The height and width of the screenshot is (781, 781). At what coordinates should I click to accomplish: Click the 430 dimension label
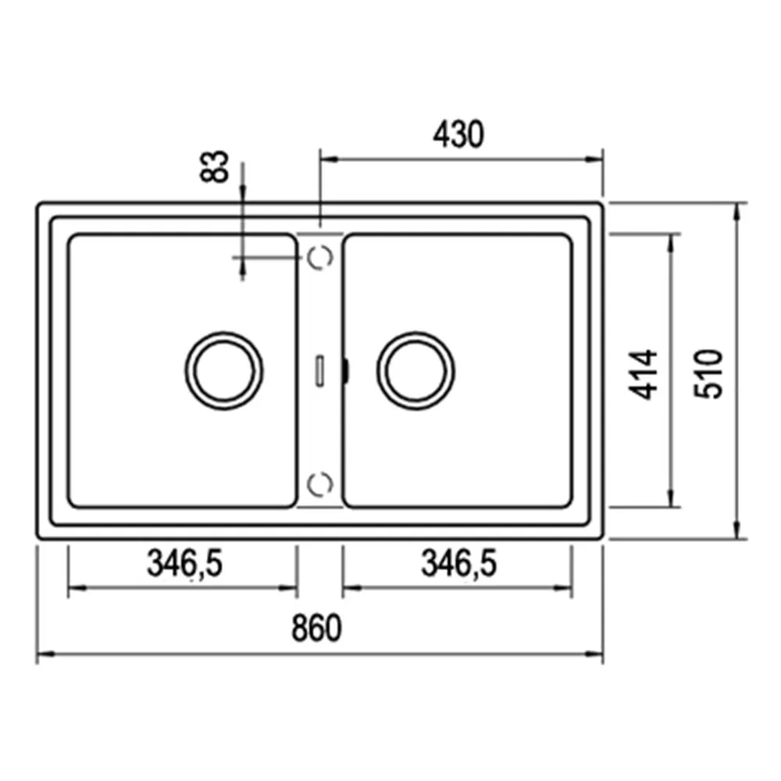[x=458, y=134]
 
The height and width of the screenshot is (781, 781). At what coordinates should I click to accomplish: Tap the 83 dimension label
[x=214, y=166]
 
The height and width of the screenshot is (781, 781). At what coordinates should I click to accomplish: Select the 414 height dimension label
[x=643, y=375]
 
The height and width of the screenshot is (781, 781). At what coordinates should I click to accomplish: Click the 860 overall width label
[x=317, y=628]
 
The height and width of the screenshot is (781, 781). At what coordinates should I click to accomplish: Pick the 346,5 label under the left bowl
[x=184, y=563]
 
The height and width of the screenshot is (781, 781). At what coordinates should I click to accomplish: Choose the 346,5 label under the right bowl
[x=458, y=563]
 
